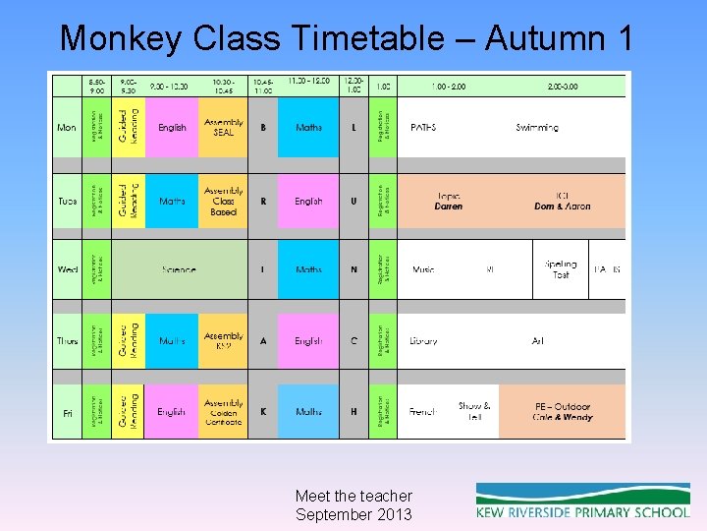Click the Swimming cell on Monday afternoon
pos(537,127)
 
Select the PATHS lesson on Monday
pos(423,127)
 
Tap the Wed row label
pos(67,269)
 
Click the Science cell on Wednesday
pos(179,269)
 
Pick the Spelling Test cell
pos(561,269)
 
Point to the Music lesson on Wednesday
pos(423,269)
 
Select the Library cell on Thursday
pos(423,341)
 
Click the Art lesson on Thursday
pos(538,341)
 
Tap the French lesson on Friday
pos(422,412)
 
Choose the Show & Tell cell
pos(474,411)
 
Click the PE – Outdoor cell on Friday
pos(563,412)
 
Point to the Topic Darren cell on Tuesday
pos(449,201)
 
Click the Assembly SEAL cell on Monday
pos(224,127)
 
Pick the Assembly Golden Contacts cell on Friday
pos(224,412)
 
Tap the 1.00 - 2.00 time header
pos(449,87)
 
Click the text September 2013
pos(353,514)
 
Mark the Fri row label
pos(67,413)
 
